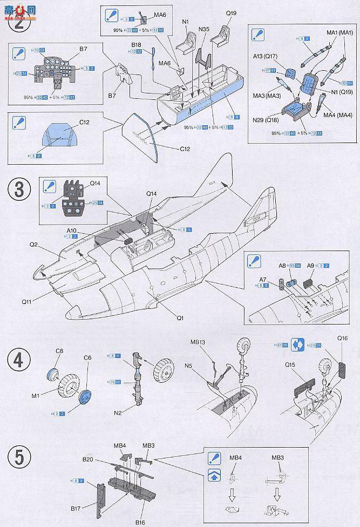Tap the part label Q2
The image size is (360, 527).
pyautogui.click(x=33, y=244)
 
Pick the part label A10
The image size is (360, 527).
pyautogui.click(x=72, y=231)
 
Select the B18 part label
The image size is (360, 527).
pyautogui.click(x=136, y=45)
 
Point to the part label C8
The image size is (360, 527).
pyautogui.click(x=59, y=352)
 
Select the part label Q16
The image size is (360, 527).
pyautogui.click(x=343, y=337)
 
